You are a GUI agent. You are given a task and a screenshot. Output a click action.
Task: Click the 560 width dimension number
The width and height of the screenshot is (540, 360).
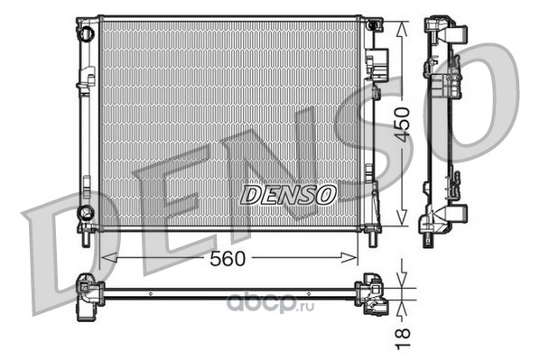[228, 258]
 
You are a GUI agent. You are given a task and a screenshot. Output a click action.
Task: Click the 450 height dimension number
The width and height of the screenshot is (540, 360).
[402, 125]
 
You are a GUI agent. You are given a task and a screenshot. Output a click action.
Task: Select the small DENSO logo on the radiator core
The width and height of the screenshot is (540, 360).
[288, 195]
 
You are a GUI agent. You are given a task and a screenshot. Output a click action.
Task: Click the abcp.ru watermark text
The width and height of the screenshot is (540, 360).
[270, 302]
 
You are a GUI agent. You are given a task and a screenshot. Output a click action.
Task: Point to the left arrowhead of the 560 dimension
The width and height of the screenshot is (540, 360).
[107, 257]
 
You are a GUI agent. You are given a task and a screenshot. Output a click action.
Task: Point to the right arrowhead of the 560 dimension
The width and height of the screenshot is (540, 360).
[349, 257]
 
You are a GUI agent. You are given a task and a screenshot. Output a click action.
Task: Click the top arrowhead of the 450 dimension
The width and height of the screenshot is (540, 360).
[402, 30]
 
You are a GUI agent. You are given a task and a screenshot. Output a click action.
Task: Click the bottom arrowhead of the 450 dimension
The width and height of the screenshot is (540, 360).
[402, 217]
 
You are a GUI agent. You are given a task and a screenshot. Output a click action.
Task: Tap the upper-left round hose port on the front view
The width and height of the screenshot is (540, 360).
[86, 33]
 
